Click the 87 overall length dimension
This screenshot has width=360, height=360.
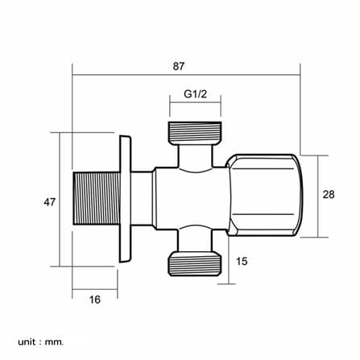[x=179, y=66]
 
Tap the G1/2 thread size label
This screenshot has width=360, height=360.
[x=195, y=94]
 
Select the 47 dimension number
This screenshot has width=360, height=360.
[x=49, y=202]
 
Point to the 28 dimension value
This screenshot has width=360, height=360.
[x=329, y=194]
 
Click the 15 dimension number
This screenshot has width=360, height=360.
[x=242, y=261]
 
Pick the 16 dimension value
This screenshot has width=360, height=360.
[x=95, y=300]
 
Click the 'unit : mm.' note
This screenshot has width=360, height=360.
[x=41, y=342]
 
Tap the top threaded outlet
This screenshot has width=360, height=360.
[x=195, y=133]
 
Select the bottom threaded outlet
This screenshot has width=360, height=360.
[x=195, y=263]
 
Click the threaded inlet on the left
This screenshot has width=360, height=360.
[x=96, y=198]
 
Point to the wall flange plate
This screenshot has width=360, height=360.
[x=125, y=199]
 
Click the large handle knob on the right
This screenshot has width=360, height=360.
[x=265, y=195]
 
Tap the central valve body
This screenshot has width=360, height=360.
[x=192, y=198]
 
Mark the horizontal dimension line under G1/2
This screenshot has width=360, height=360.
[x=195, y=102]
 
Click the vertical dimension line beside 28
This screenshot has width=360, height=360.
[x=318, y=197]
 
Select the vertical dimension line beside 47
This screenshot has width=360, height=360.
[x=60, y=200]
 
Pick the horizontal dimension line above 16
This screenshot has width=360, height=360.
[x=95, y=289]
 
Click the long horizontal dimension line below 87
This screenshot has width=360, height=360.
[x=186, y=75]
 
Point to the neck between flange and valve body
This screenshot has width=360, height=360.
[x=143, y=198]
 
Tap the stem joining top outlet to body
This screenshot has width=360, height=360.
[x=195, y=156]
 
